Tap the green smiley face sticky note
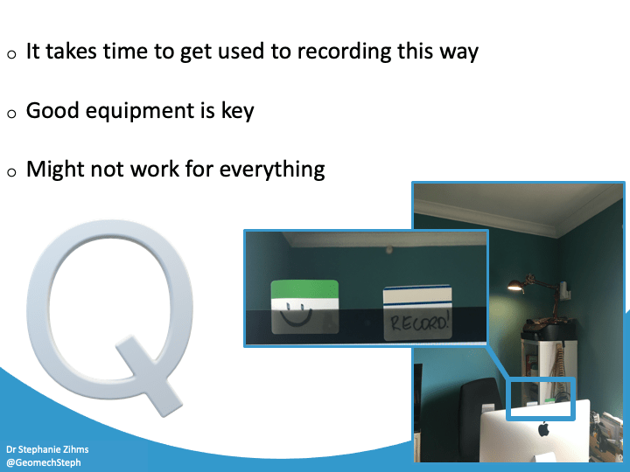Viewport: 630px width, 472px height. coord(304,307)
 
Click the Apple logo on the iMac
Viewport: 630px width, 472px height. coord(542,429)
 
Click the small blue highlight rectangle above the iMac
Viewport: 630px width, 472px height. coord(541,399)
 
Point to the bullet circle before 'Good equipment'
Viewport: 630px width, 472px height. coord(11,114)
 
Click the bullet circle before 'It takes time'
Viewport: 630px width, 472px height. coord(11,54)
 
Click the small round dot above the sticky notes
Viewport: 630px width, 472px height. coord(388,250)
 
